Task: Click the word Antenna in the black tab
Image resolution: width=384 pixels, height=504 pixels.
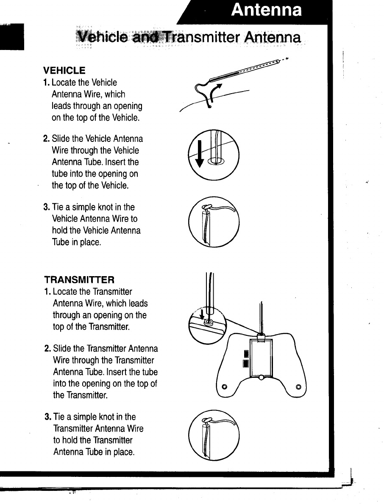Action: pyautogui.click(x=267, y=10)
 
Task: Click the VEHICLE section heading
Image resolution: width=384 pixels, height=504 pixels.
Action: pyautogui.click(x=64, y=70)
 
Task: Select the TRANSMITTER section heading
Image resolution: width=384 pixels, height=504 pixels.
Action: pyautogui.click(x=79, y=280)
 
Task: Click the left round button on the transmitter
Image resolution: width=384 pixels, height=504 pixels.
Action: pyautogui.click(x=225, y=386)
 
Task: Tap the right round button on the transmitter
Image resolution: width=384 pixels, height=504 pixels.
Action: pyautogui.click(x=298, y=386)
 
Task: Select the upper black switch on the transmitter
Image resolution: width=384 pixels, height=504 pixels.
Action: pyautogui.click(x=245, y=354)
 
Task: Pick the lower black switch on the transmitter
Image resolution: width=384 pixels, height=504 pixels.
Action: pyautogui.click(x=245, y=363)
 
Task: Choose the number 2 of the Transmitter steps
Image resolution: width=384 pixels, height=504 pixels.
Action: pyautogui.click(x=47, y=349)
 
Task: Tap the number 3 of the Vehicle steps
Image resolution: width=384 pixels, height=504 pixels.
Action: pyautogui.click(x=46, y=208)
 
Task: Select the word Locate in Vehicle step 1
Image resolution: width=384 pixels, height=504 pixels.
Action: pyautogui.click(x=63, y=83)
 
